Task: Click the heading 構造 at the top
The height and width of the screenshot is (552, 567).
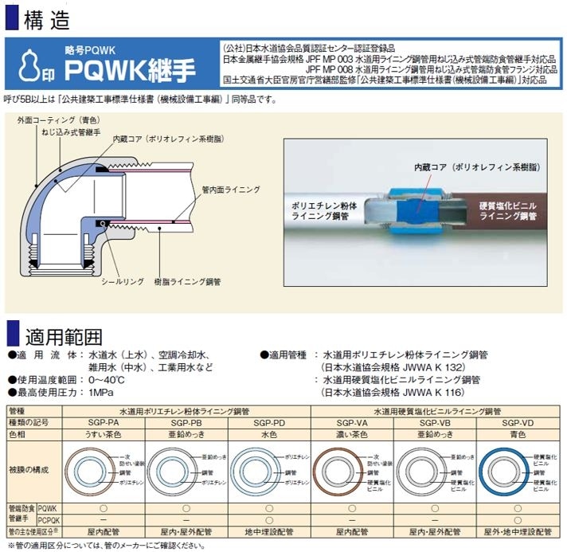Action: point(47,20)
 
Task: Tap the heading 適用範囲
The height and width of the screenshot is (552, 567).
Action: point(64,337)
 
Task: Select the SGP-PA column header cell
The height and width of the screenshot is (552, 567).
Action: point(104,422)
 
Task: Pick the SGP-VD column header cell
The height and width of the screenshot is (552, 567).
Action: point(518,423)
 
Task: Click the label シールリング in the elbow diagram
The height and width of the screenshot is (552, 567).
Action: point(122,282)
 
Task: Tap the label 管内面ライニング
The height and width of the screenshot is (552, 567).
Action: point(231,190)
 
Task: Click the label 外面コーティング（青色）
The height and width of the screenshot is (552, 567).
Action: point(59,119)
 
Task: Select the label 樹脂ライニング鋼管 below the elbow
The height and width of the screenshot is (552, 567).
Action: point(187,282)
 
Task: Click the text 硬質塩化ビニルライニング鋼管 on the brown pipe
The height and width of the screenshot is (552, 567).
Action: point(508,211)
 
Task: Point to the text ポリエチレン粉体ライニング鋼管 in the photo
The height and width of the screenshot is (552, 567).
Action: point(324,211)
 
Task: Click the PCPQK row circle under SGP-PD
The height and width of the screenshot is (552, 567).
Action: point(269,520)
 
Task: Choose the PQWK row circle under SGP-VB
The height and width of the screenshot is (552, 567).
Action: point(435,508)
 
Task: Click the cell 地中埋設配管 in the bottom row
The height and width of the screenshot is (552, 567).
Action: point(269,532)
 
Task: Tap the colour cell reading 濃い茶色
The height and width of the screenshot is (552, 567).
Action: point(352,434)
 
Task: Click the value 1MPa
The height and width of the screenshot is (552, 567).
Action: point(101,393)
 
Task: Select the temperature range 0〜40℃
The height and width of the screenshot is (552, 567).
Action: point(107,380)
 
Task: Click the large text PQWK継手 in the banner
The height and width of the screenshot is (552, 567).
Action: point(130,69)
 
